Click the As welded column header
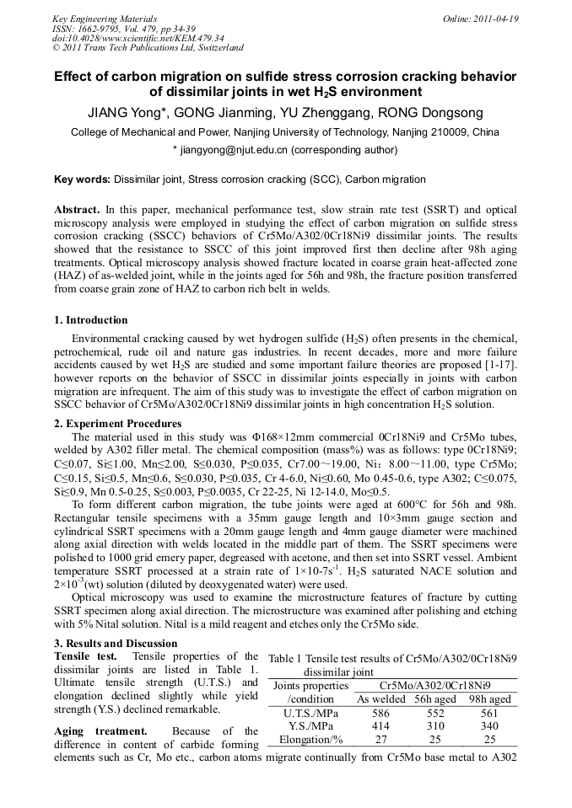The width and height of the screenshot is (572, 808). click(x=380, y=698)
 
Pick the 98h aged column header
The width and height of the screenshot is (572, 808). click(x=490, y=698)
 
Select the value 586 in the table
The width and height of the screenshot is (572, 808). click(x=380, y=712)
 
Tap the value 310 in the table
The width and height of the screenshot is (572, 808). click(x=435, y=725)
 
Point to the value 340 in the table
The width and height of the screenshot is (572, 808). click(x=490, y=725)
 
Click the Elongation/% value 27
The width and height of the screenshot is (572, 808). click(x=380, y=739)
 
